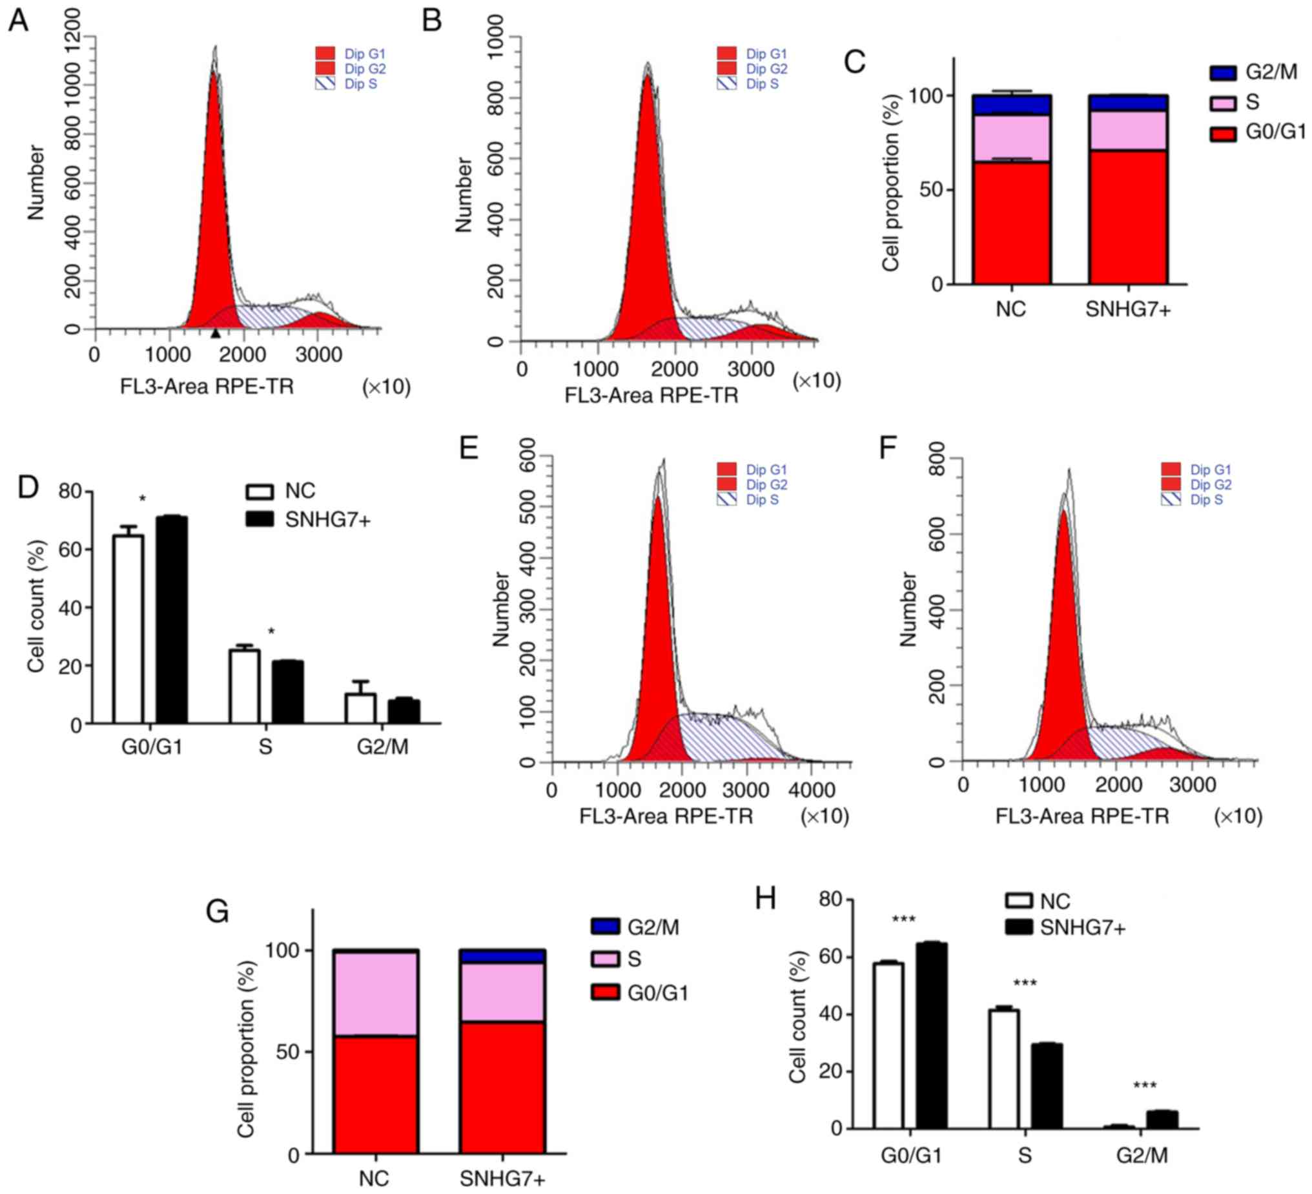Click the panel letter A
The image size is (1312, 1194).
tap(18, 21)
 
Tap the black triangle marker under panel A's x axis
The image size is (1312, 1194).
tap(216, 333)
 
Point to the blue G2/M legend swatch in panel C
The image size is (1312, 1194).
tap(1223, 73)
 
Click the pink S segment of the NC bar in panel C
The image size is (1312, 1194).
tap(1011, 138)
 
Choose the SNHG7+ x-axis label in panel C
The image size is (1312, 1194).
tap(1128, 309)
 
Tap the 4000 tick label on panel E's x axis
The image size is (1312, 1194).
tap(812, 790)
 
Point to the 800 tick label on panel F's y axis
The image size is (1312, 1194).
tap(936, 458)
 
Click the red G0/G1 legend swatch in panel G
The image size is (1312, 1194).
tap(604, 992)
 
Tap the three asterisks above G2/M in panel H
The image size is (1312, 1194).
tap(1144, 1086)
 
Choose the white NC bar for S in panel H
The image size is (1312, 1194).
tap(1004, 1068)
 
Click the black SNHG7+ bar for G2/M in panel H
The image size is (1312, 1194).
tap(1162, 1119)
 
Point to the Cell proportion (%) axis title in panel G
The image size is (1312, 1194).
tap(246, 1048)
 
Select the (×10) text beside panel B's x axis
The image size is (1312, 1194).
tap(816, 381)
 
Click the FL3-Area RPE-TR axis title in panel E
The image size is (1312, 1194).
tap(666, 816)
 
